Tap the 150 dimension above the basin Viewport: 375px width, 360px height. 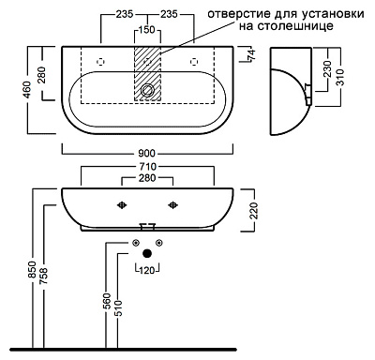click(147, 29)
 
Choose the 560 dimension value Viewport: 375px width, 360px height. click(106, 301)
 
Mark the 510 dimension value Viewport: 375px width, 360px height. click(118, 305)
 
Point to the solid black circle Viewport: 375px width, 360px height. click(147, 254)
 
